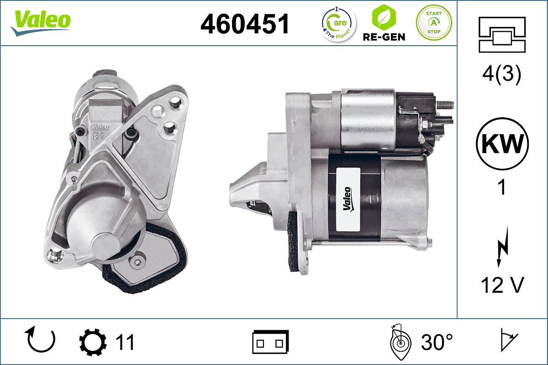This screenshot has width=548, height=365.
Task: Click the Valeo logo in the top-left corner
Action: coord(41,22)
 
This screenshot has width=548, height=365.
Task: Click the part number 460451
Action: coord(245,24)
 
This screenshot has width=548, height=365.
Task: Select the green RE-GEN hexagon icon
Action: coord(383,17)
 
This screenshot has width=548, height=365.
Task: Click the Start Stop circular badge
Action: coord(433,22)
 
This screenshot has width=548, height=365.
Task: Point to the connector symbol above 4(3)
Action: coord(502,35)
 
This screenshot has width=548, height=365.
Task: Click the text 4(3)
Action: coord(502,74)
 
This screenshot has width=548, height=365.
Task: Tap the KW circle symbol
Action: coord(502,145)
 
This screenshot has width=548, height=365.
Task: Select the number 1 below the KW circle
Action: coord(502,187)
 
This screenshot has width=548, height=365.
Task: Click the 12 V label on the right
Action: coord(502,285)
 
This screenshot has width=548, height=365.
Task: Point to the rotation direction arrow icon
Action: coord(41,339)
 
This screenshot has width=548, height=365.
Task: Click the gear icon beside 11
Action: coord(93,342)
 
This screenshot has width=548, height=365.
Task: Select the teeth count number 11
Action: coord(125,342)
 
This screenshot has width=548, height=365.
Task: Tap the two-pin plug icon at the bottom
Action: coord(270,342)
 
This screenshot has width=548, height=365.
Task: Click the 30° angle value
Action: coord(437,342)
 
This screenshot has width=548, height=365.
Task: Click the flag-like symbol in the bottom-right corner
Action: coord(508,340)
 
